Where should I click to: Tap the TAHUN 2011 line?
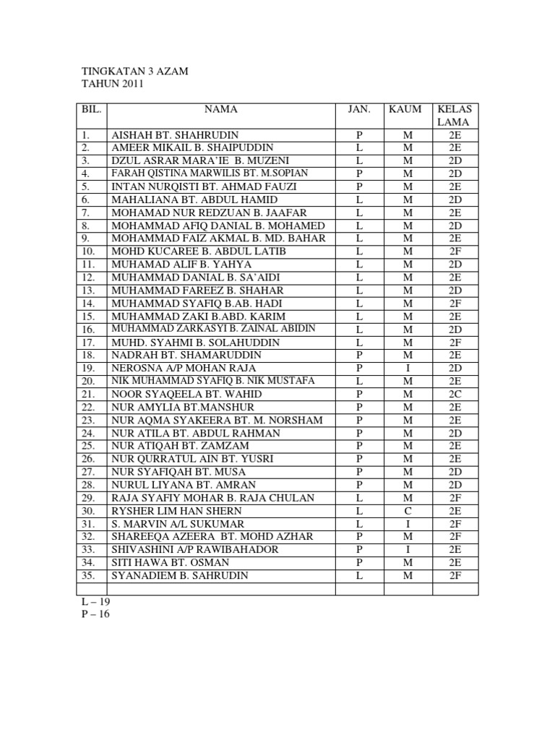click(x=113, y=85)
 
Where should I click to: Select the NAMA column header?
click(x=220, y=110)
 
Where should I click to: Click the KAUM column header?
click(x=405, y=110)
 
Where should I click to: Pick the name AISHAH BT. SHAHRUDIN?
click(x=174, y=135)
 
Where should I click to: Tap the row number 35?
click(x=89, y=576)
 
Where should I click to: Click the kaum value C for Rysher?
click(x=408, y=511)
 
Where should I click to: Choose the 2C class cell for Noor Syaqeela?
click(x=455, y=395)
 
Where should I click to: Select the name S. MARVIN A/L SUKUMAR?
click(x=177, y=524)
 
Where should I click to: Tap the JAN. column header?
click(x=359, y=110)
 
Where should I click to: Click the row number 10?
click(x=89, y=251)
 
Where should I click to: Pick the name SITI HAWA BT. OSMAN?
click(x=165, y=563)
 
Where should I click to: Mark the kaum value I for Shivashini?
click(x=408, y=550)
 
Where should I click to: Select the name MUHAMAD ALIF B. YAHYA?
click(x=170, y=264)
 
